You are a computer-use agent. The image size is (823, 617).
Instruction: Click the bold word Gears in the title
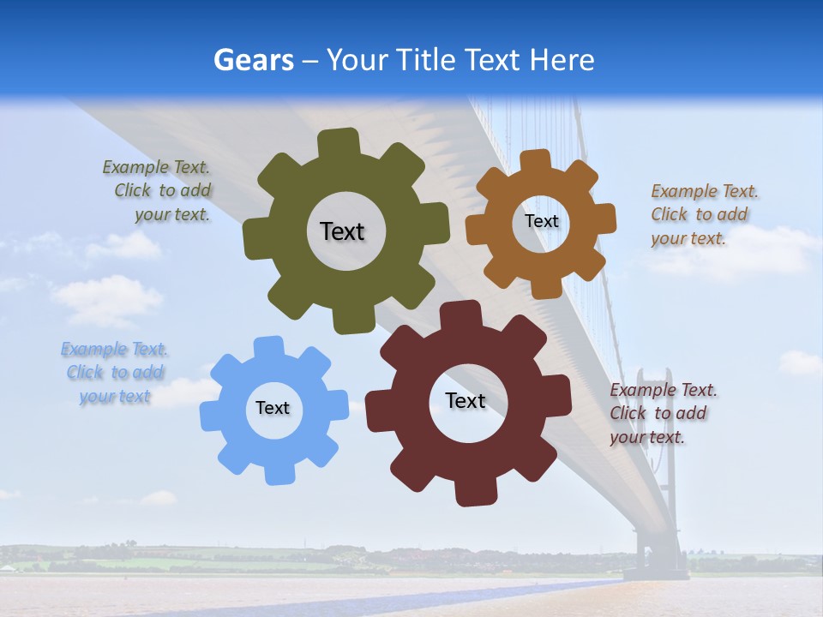coord(253,60)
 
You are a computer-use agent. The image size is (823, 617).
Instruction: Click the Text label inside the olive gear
coord(342,231)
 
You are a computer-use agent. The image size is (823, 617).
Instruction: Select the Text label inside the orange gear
coord(541,221)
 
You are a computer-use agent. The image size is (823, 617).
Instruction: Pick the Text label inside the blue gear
coord(273,408)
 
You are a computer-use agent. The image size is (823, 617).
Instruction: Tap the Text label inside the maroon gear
coord(466,400)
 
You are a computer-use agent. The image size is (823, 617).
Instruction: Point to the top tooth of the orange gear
coord(535,160)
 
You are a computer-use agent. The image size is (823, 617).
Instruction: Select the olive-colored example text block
coord(158,191)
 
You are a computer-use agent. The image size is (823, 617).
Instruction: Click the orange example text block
coord(703,214)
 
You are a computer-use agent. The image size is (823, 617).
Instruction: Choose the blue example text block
coord(115,373)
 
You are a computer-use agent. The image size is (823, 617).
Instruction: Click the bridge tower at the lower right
coord(657,471)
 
